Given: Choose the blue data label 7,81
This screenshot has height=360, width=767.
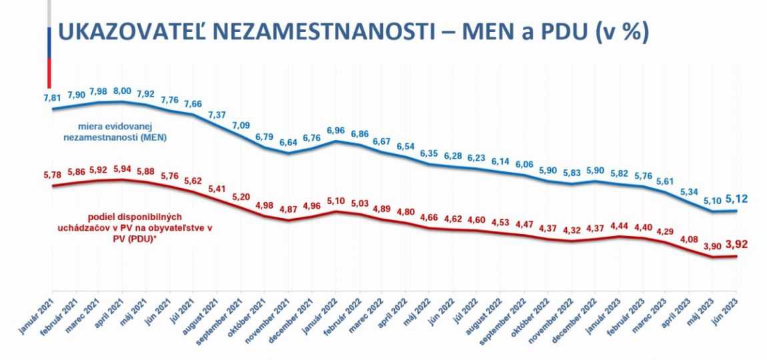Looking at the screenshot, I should (53, 97).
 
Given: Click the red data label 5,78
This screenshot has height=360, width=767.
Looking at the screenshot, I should (53, 175).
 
